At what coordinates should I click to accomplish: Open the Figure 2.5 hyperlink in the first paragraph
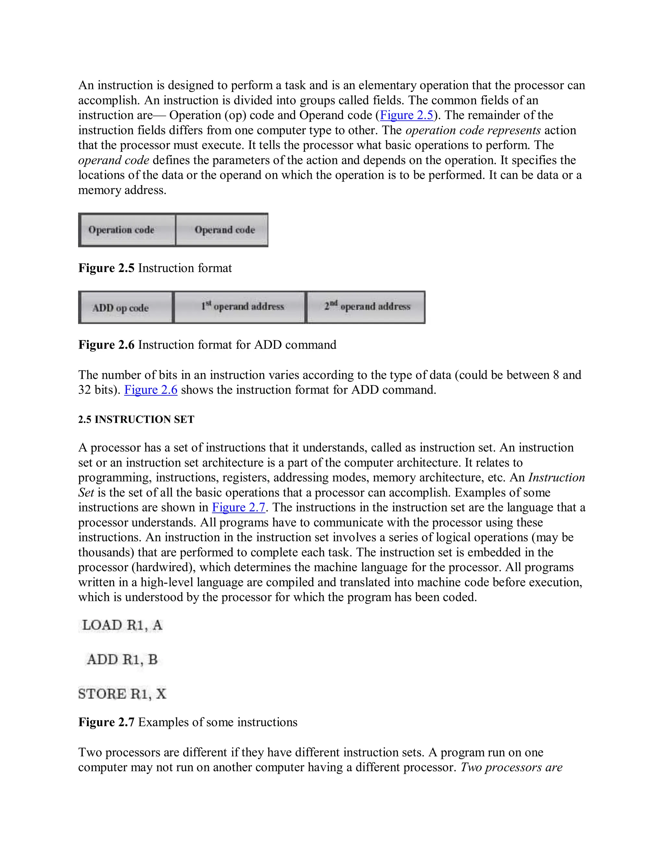click(406, 115)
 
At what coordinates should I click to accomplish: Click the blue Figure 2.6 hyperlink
click(151, 390)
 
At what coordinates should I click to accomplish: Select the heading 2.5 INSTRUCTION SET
click(136, 420)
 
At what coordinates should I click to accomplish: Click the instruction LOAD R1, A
click(122, 625)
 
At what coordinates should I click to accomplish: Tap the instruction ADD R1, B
click(122, 660)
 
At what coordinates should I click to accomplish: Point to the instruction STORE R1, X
click(122, 694)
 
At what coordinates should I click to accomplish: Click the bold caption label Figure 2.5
click(106, 268)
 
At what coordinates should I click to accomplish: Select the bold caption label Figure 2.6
click(106, 344)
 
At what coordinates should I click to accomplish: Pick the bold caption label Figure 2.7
click(106, 722)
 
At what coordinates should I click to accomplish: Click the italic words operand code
click(114, 160)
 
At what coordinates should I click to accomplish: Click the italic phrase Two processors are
click(511, 767)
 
